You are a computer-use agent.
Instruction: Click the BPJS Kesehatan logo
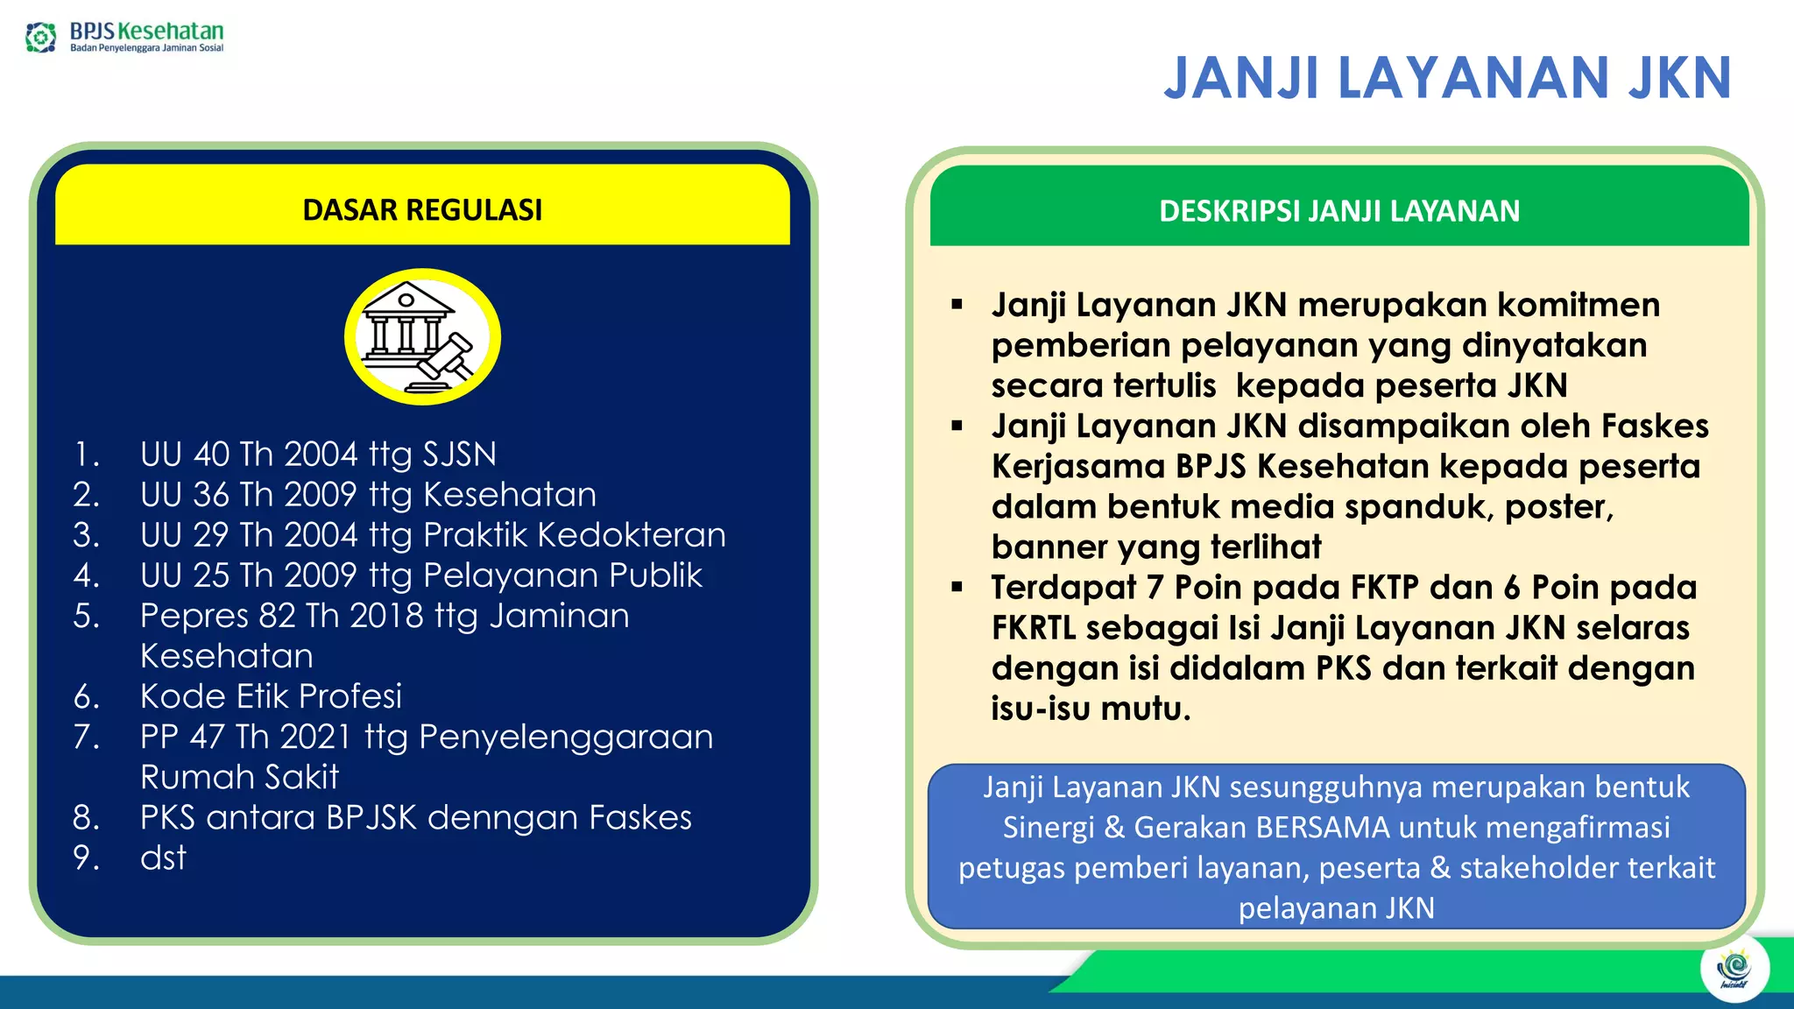point(124,37)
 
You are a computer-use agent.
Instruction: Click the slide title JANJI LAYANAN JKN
point(1447,79)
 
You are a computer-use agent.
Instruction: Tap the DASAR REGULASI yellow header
point(422,210)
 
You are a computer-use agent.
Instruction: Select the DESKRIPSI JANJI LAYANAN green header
point(1338,211)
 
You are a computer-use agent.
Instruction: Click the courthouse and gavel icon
point(422,337)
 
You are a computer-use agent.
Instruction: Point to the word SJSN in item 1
point(459,455)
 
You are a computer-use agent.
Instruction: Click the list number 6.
point(86,697)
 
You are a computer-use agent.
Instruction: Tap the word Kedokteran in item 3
point(631,535)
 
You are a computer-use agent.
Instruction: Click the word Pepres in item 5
point(194,617)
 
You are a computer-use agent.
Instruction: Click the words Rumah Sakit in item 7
point(239,778)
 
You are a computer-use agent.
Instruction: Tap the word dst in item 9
point(163,858)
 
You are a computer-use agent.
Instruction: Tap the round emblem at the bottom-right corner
point(1734,969)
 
